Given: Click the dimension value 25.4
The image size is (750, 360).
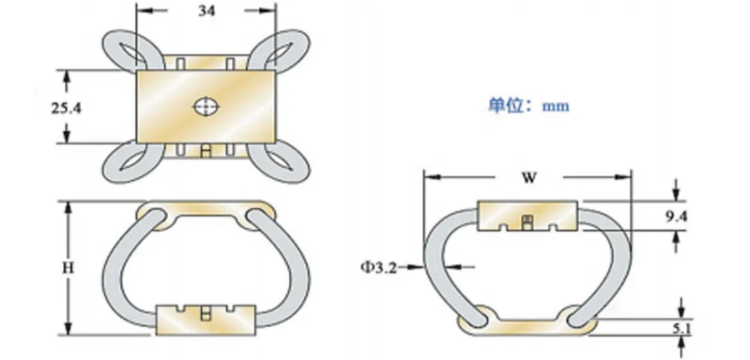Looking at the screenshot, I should (66, 108).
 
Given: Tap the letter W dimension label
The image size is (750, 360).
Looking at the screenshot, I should (529, 178).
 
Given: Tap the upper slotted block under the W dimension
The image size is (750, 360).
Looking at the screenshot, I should (527, 215).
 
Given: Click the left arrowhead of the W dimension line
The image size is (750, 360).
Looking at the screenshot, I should (429, 178).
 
